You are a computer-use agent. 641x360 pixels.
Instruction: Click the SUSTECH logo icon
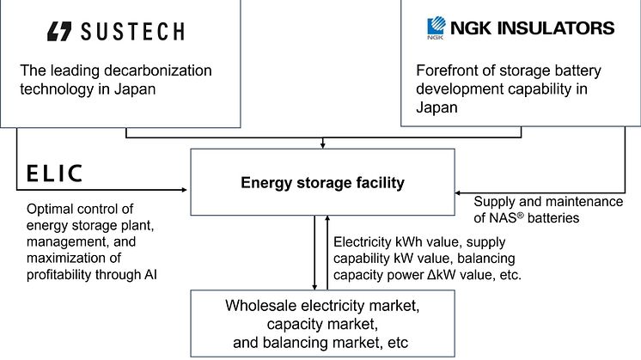tap(60, 33)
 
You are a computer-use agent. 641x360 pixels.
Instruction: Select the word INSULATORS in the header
tap(565, 28)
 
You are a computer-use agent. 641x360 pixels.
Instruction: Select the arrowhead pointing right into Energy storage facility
tap(185, 189)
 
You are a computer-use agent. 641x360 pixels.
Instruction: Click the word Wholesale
tap(261, 305)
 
